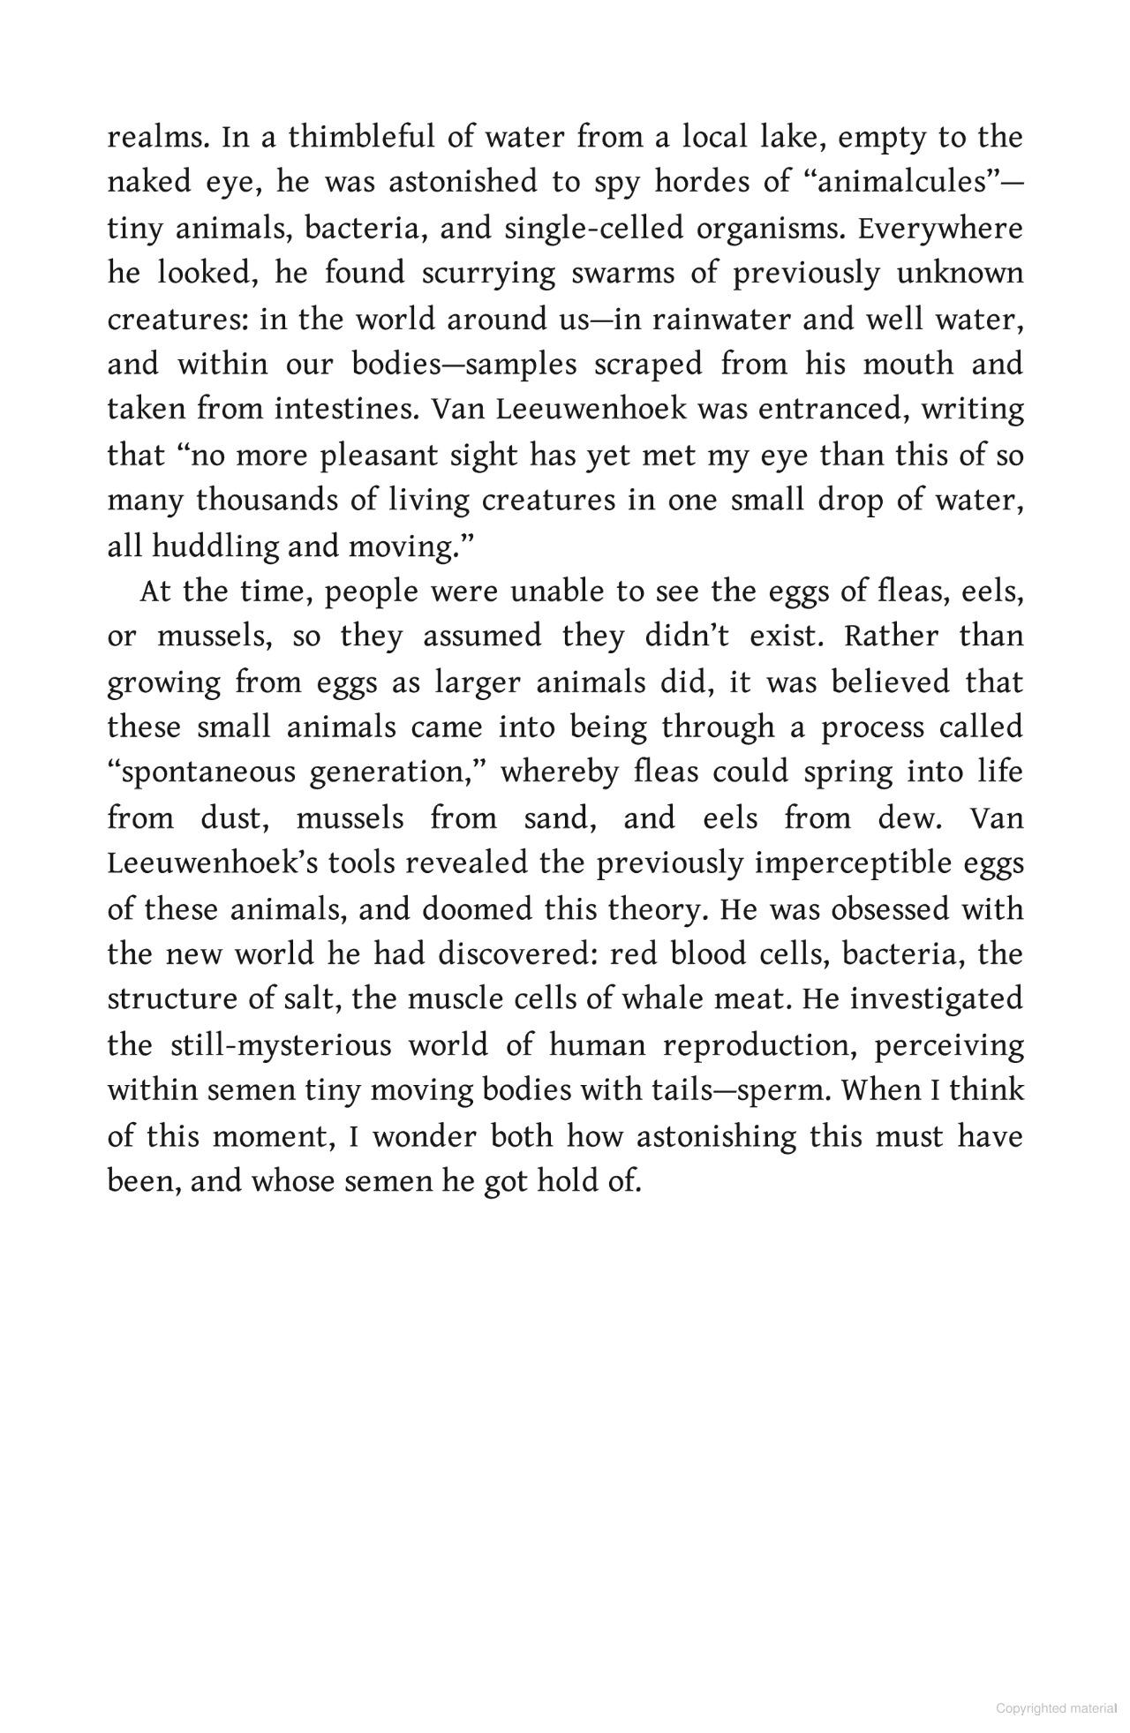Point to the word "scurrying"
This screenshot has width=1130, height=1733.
coord(489,274)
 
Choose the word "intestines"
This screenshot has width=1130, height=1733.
coord(340,410)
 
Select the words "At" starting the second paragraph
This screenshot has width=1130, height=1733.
coord(154,591)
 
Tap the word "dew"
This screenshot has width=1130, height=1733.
coord(909,818)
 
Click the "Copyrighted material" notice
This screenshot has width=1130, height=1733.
coord(1056,1708)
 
